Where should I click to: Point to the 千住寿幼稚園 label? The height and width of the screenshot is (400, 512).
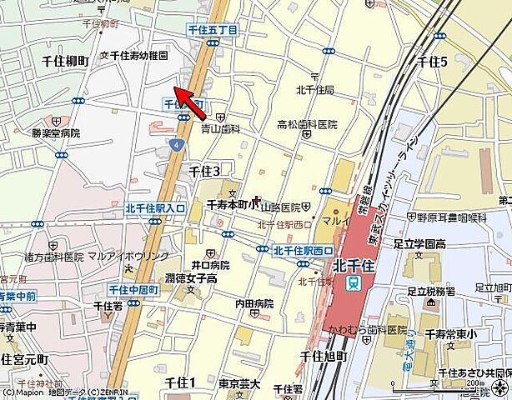pyautogui.click(x=138, y=56)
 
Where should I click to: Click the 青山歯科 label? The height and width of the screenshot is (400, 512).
pyautogui.click(x=220, y=129)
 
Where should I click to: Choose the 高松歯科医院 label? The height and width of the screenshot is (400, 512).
pyautogui.click(x=307, y=124)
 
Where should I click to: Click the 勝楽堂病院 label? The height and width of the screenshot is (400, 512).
pyautogui.click(x=56, y=132)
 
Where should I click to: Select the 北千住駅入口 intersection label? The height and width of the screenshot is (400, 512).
pyautogui.click(x=155, y=207)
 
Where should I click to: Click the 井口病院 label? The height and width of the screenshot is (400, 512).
pyautogui.click(x=208, y=264)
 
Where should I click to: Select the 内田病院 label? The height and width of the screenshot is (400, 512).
pyautogui.click(x=253, y=303)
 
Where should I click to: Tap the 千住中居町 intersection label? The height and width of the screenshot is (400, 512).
pyautogui.click(x=134, y=288)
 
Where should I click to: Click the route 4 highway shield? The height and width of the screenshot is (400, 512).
pyautogui.click(x=176, y=144)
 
